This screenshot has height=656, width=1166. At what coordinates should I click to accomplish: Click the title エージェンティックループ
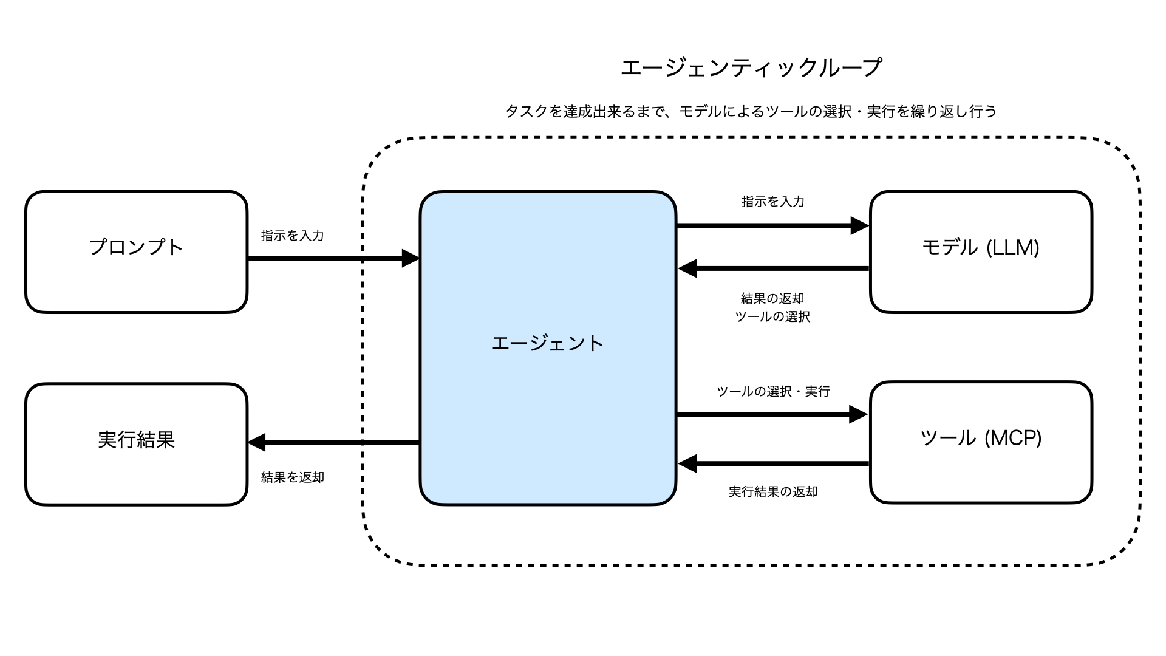(751, 67)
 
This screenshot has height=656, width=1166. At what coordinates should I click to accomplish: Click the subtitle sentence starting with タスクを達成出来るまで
(751, 112)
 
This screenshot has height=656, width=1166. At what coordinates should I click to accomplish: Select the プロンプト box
(136, 252)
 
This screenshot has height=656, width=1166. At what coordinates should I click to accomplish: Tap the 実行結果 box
(136, 444)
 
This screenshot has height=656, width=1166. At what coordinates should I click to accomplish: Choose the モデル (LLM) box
(980, 252)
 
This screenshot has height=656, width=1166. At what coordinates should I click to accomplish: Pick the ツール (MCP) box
(980, 442)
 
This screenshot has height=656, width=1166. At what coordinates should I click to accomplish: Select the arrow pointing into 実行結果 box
(334, 442)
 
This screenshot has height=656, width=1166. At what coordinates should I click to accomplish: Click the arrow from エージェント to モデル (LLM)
(771, 225)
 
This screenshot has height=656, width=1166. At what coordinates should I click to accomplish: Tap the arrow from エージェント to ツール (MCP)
(771, 415)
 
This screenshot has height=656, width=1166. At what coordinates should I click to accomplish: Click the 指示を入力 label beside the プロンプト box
(292, 236)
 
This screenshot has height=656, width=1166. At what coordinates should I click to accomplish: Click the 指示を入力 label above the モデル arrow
(772, 202)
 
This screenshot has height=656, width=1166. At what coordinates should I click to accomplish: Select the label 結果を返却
(292, 477)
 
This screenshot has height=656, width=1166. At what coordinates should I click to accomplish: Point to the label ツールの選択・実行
(772, 392)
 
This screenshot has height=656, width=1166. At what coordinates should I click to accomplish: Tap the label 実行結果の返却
(772, 492)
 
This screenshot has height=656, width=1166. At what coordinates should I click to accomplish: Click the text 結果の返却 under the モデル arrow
(772, 299)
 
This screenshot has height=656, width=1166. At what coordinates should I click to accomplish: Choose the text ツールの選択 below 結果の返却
(772, 317)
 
